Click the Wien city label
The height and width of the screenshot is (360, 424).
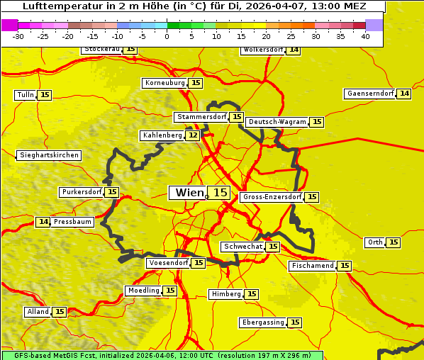[188, 193]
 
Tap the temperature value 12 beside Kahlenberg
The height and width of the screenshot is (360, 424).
[193, 135]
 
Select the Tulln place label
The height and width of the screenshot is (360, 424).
[25, 95]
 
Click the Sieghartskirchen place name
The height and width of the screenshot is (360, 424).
[48, 155]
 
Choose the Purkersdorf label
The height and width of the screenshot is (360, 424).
[81, 192]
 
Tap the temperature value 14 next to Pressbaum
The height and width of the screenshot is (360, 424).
[43, 222]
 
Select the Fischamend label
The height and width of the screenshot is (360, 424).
[312, 266]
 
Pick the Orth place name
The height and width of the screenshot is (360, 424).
[375, 242]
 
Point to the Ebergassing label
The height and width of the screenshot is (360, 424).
[262, 322]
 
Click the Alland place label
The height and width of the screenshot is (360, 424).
[38, 312]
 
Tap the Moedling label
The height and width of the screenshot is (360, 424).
[143, 291]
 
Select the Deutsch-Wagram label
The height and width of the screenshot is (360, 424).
[277, 122]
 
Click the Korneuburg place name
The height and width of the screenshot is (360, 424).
[164, 83]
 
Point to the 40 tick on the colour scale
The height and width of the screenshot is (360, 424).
[365, 35]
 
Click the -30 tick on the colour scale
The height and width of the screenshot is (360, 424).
[18, 35]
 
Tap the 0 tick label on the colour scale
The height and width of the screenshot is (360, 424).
[167, 35]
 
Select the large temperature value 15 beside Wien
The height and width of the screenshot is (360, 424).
[221, 193]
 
